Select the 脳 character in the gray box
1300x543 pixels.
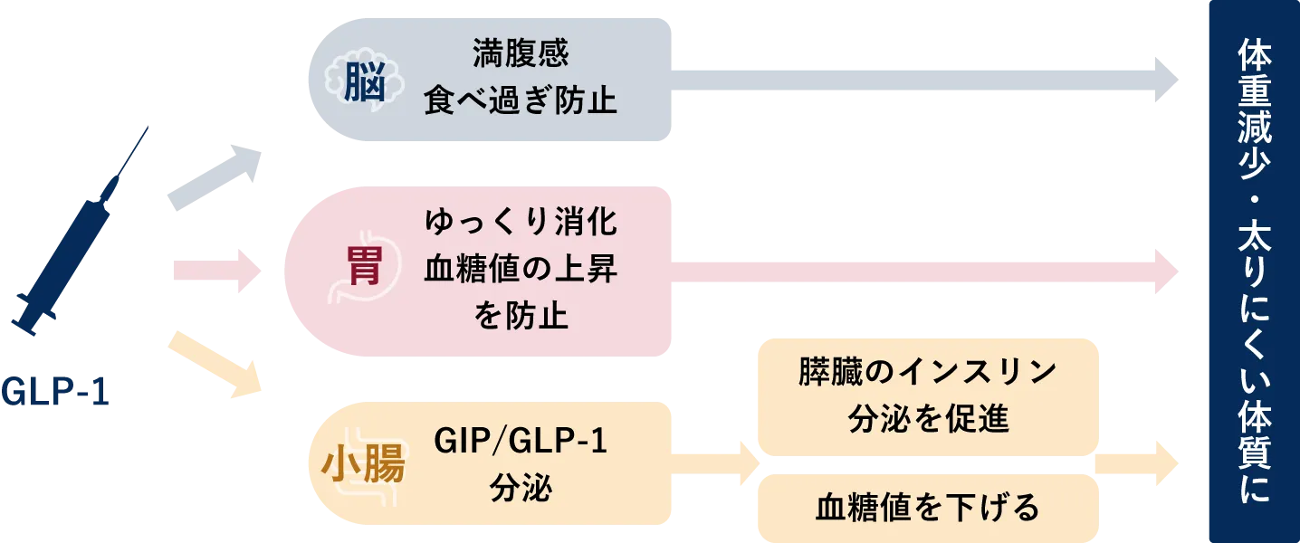[364, 85]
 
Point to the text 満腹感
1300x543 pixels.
[521, 56]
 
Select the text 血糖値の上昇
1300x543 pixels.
[521, 270]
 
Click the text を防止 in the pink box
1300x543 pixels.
[521, 316]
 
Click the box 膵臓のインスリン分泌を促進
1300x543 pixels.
[927, 395]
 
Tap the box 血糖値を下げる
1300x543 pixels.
[927, 508]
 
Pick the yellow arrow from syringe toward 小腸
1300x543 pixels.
[217, 364]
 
